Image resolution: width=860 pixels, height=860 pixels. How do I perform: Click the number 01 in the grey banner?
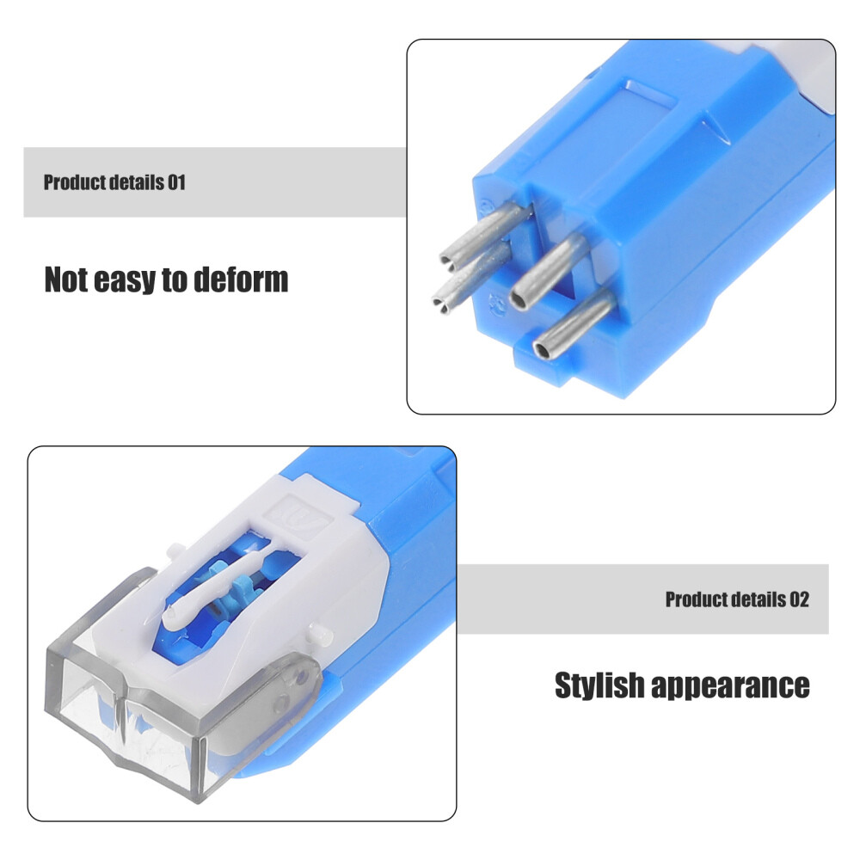coord(176,182)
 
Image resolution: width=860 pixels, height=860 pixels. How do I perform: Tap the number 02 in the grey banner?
coord(799,599)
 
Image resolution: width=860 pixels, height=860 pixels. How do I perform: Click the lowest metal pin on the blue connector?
coord(573,323)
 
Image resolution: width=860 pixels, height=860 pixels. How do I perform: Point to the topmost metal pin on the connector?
coord(484,232)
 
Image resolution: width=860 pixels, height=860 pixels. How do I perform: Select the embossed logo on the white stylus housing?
coord(302,515)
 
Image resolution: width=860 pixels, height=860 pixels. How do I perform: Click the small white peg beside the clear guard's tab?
coord(320,635)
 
